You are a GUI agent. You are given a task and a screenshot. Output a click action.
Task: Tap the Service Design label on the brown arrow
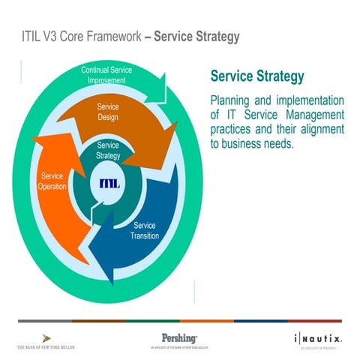click(108, 112)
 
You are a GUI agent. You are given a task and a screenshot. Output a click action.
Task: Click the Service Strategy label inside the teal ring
click(108, 150)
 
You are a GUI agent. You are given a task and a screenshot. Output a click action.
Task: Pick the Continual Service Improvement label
click(106, 74)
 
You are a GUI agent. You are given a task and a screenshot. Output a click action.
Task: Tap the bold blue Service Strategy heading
click(257, 76)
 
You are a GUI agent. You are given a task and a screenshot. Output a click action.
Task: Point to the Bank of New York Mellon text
click(46, 348)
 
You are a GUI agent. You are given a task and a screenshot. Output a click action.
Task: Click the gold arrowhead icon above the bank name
click(46, 337)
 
